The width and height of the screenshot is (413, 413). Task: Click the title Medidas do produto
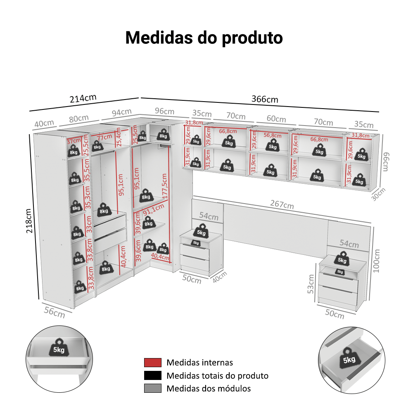pyautogui.click(x=204, y=38)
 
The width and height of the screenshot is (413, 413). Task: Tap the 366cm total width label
pyautogui.click(x=265, y=100)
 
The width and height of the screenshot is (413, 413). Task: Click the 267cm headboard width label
pyautogui.click(x=282, y=204)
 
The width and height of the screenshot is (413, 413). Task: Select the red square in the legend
pyautogui.click(x=153, y=363)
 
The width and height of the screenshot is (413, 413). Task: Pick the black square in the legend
pyautogui.click(x=153, y=375)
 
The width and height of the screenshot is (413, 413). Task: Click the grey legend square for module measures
pyautogui.click(x=153, y=388)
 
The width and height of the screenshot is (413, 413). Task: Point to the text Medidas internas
pyautogui.click(x=200, y=363)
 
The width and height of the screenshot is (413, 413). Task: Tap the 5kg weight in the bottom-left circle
pyautogui.click(x=59, y=348)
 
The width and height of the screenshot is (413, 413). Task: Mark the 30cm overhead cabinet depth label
pyautogui.click(x=378, y=194)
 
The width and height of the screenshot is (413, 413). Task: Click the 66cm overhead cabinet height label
pyautogui.click(x=385, y=161)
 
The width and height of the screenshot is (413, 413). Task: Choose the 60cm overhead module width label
pyautogui.click(x=276, y=119)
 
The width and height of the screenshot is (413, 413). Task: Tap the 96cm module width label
pyautogui.click(x=165, y=112)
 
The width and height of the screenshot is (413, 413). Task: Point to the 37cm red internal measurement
pyautogui.click(x=74, y=141)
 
